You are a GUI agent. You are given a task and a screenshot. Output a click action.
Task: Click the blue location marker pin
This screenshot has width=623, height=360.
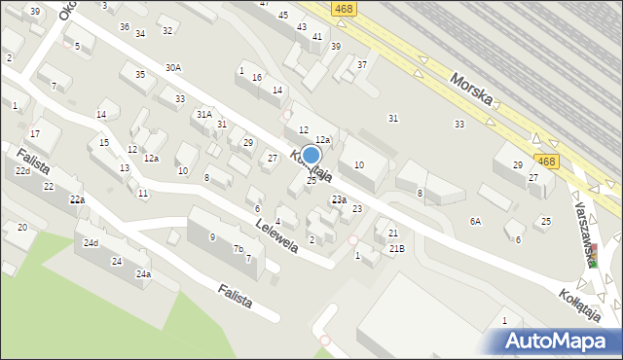click(311, 157)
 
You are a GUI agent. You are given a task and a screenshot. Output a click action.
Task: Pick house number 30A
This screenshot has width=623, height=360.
click(173, 68)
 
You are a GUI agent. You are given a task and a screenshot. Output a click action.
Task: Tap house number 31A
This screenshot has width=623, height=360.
click(203, 114)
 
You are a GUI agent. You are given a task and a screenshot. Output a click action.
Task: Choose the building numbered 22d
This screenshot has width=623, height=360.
click(22, 171)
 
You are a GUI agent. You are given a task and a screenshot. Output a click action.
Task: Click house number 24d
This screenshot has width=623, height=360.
click(91, 242)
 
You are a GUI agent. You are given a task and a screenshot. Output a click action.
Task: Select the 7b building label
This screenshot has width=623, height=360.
click(238, 249)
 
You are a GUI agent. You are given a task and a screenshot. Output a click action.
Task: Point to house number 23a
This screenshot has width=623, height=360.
click(339, 199)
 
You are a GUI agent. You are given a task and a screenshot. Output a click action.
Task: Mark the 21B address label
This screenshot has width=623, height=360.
click(397, 249)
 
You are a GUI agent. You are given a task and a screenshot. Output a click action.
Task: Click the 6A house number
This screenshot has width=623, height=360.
click(475, 222)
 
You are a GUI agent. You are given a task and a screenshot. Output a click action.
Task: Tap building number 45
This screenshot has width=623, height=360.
click(283, 15)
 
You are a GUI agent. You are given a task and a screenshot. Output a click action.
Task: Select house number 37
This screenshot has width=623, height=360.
click(362, 64)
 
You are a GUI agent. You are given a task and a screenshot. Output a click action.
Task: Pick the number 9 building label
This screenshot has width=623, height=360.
click(212, 236)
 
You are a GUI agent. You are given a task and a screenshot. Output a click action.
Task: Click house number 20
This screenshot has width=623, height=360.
click(22, 227)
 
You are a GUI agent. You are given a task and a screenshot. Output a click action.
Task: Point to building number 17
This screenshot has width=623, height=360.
click(34, 133)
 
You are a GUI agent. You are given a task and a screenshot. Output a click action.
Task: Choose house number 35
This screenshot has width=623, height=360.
click(140, 75)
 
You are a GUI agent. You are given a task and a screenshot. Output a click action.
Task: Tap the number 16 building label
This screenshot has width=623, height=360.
click(257, 77)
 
